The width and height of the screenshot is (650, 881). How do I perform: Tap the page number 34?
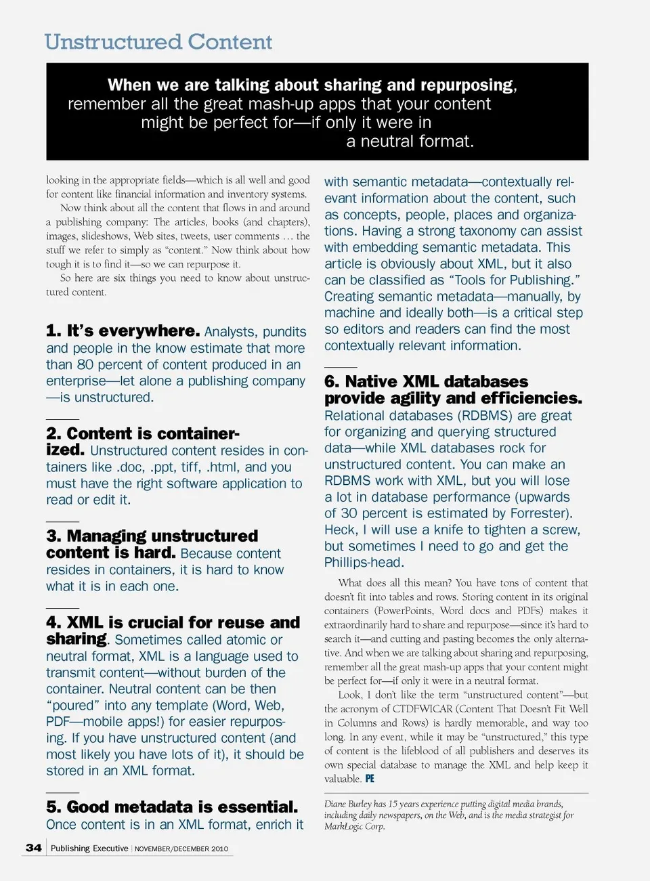tap(34, 848)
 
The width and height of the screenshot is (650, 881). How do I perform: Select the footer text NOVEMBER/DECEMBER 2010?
tap(181, 848)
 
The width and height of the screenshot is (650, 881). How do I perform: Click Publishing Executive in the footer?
tap(89, 848)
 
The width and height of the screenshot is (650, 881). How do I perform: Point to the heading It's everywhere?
tap(133, 331)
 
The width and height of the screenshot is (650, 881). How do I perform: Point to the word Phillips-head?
tap(364, 563)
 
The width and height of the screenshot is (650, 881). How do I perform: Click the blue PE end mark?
tap(370, 779)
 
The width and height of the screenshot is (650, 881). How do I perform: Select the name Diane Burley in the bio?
tap(347, 804)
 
